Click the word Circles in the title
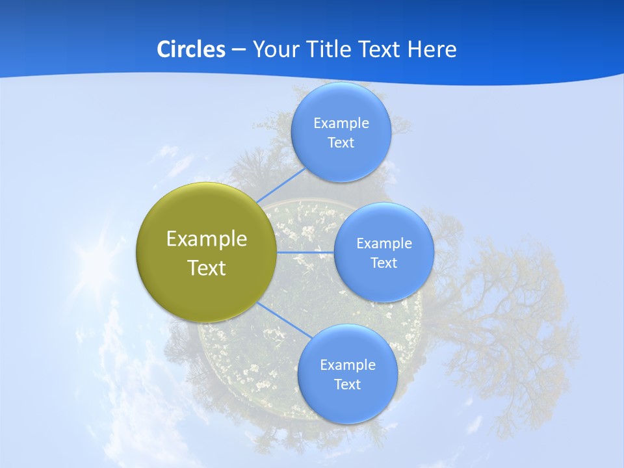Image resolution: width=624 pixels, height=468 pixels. coord(190,49)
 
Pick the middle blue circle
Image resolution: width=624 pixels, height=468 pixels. coord(383,286)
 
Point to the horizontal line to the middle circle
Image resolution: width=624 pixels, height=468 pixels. coord(305,252)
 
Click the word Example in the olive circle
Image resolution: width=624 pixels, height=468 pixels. coord(206,239)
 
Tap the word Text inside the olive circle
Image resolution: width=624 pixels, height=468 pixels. coord(206,268)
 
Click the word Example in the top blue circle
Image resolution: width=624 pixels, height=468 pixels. coord(341,123)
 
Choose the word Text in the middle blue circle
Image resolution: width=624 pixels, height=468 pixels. coord(383,263)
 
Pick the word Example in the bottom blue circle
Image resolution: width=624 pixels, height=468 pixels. coord(347,365)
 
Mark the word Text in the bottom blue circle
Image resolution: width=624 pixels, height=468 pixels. coord(347,384)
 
